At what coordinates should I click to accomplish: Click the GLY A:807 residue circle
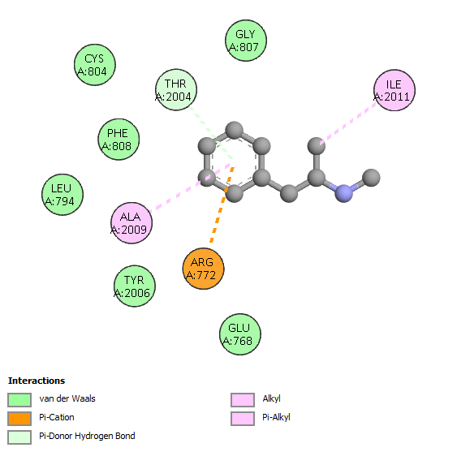click(x=246, y=41)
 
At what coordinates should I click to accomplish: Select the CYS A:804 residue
click(x=95, y=65)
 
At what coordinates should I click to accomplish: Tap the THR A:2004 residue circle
click(x=176, y=90)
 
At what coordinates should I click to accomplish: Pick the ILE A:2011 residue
click(x=394, y=90)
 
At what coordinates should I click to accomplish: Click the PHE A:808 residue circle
click(x=119, y=140)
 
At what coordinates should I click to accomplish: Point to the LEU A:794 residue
click(x=63, y=195)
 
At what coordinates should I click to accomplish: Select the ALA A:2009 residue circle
click(x=131, y=223)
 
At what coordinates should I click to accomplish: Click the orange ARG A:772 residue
click(x=203, y=269)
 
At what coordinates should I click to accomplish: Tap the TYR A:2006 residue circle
click(x=135, y=286)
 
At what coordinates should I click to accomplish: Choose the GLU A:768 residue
click(x=240, y=334)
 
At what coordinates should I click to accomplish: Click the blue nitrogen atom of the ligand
click(x=344, y=193)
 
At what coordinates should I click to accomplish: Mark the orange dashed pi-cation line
click(x=222, y=204)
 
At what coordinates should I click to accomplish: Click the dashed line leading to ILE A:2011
click(x=349, y=123)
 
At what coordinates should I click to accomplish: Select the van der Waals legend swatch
click(x=19, y=400)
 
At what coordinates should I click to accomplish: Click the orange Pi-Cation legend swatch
click(x=19, y=419)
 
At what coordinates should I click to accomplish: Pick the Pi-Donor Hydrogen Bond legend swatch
click(x=19, y=437)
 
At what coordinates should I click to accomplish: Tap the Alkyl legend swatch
click(x=243, y=400)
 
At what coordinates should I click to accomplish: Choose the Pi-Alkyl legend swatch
click(x=243, y=419)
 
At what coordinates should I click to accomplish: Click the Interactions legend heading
click(x=37, y=381)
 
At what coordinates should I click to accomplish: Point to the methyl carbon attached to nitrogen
click(x=371, y=178)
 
